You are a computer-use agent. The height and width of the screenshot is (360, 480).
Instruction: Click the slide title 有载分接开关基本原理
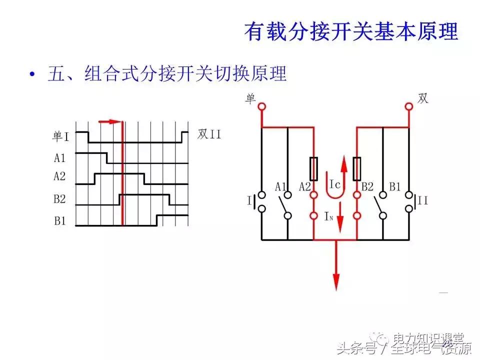point(351,31)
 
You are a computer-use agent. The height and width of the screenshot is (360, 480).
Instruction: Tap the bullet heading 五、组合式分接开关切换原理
point(167,74)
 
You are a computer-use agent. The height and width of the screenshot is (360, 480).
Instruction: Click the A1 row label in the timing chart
point(60,158)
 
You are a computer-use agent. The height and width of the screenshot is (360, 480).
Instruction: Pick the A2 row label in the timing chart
point(60,176)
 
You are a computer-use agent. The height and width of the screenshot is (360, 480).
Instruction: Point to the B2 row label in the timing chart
point(60,199)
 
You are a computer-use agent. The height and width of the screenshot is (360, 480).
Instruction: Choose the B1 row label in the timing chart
point(60,220)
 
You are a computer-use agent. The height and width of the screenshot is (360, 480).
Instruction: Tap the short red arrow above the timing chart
point(110,121)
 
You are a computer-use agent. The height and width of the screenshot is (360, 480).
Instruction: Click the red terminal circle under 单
point(261,106)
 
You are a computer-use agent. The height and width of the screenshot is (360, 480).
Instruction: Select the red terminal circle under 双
point(409,106)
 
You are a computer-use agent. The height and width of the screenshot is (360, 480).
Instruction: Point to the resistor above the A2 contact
point(313,169)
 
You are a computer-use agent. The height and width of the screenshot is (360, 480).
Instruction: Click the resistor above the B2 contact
point(357,169)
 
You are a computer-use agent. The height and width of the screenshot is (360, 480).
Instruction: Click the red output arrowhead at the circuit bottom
point(336,281)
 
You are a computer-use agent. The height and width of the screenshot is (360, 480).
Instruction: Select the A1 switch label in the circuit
point(280,186)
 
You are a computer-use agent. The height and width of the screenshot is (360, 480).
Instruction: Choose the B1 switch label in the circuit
point(395,186)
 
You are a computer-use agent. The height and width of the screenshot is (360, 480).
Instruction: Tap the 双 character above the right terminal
point(422,98)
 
